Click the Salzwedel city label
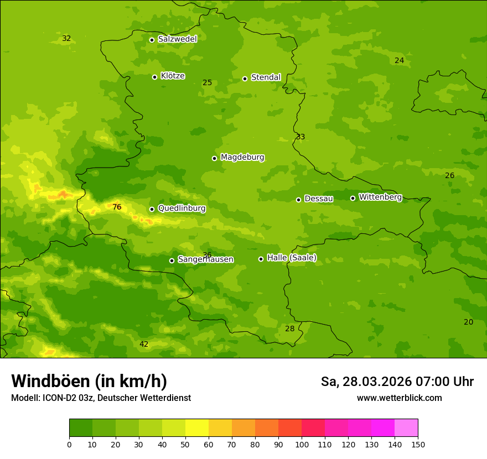(177, 39)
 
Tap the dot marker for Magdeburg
(214, 158)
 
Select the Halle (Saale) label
(292, 258)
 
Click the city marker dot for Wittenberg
(353, 198)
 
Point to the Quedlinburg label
(182, 208)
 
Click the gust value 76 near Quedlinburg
(117, 207)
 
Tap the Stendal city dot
(245, 79)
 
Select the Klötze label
(173, 76)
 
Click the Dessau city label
(319, 199)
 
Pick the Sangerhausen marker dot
(172, 260)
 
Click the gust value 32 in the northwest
(66, 38)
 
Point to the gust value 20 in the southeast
(468, 322)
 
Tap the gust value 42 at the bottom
(144, 344)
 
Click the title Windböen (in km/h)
(89, 381)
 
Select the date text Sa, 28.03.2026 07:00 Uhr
(397, 382)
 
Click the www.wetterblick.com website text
(399, 398)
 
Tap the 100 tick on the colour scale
(302, 444)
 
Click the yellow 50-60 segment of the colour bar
(197, 427)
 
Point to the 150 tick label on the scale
(418, 444)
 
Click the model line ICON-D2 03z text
(101, 398)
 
